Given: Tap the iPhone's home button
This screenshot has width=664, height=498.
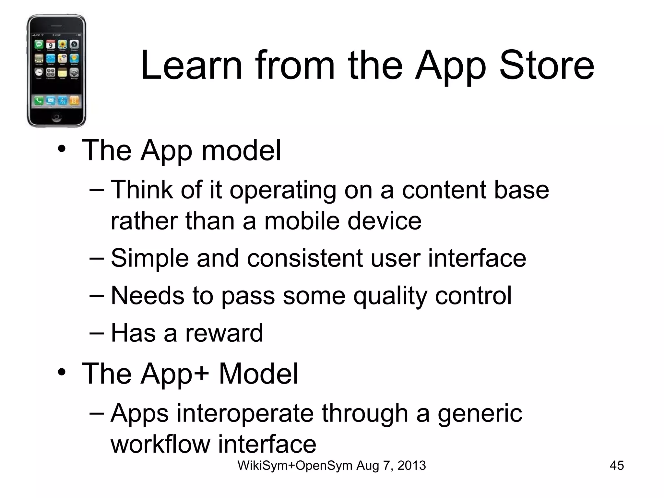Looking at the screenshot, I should tap(56, 116).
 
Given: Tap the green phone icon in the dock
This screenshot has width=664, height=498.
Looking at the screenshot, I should tap(39, 101).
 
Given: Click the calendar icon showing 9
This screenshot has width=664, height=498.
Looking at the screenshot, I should tap(51, 45).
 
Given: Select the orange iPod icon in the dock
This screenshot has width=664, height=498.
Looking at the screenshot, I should tap(74, 101).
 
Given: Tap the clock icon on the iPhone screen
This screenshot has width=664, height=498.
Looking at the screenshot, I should tap(39, 72).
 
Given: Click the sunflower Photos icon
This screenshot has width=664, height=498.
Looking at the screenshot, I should tap(62, 45).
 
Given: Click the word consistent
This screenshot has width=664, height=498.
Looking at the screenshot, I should tap(304, 258).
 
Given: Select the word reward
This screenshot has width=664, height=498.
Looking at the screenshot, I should tap(224, 333).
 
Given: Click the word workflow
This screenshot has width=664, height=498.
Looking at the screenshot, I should tap(160, 444).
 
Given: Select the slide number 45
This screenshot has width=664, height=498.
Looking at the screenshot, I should tap(617, 466).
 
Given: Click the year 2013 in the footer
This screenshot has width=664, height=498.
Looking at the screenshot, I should tap(411, 466).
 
